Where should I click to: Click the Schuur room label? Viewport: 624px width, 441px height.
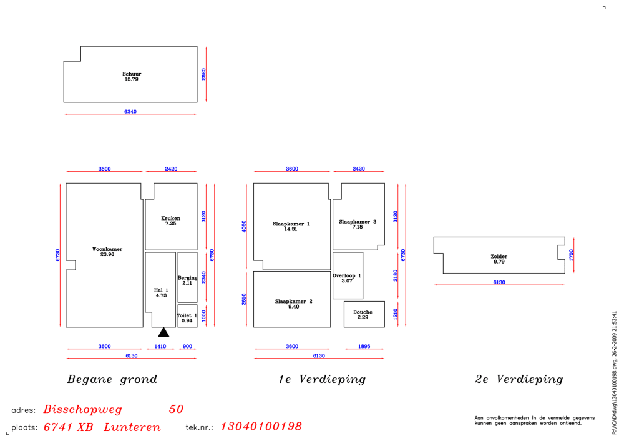(x=132, y=74)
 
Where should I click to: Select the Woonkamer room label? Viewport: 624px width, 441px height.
(x=107, y=249)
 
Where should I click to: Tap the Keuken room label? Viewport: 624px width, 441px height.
(x=171, y=218)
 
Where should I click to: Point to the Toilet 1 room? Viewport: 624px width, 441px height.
(x=187, y=316)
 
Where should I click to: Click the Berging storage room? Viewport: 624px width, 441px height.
(x=187, y=277)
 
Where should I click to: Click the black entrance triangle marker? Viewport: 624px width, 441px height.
(x=163, y=332)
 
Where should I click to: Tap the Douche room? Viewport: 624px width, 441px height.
(x=364, y=314)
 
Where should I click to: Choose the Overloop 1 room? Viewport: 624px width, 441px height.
(x=348, y=275)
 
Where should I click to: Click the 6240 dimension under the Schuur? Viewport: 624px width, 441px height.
(x=130, y=112)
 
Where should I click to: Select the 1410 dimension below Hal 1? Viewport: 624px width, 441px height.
(x=160, y=346)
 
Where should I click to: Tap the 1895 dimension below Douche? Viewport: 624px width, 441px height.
(x=364, y=346)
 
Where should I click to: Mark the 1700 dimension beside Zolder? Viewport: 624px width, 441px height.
(x=572, y=255)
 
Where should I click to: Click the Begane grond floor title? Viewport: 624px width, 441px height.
(x=112, y=379)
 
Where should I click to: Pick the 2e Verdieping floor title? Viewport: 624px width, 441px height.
(x=519, y=379)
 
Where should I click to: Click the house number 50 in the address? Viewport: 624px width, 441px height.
(x=176, y=409)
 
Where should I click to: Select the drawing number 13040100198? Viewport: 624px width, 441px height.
(x=261, y=426)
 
